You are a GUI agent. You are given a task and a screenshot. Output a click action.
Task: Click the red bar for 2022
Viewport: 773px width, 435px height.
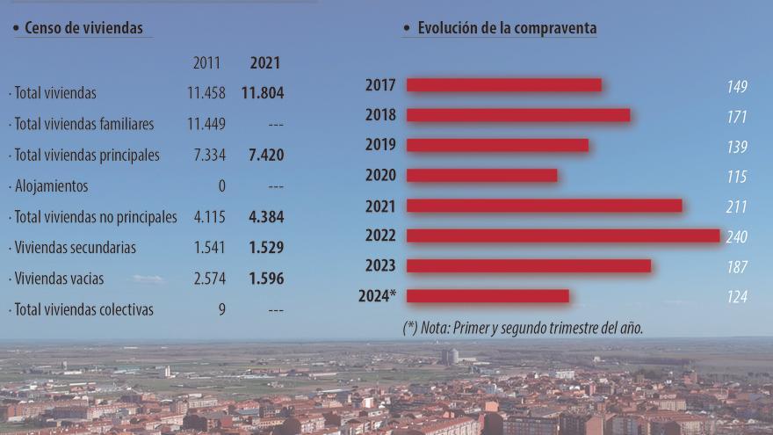click(563, 236)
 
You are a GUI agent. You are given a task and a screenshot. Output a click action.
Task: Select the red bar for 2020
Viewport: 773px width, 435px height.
click(482, 175)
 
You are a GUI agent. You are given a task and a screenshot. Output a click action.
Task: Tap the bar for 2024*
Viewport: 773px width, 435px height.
click(488, 296)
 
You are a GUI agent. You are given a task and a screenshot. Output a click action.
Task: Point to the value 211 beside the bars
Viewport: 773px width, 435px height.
click(736, 207)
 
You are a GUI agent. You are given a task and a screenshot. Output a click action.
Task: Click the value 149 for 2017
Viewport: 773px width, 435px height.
click(736, 86)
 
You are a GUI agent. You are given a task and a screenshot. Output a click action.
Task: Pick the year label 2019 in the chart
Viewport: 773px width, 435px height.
click(380, 145)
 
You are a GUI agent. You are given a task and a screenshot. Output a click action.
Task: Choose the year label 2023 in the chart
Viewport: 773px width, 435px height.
click(380, 266)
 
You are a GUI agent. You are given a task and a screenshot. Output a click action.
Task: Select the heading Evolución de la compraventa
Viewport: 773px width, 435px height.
click(507, 28)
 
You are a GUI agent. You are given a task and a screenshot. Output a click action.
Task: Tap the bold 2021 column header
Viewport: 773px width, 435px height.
click(265, 63)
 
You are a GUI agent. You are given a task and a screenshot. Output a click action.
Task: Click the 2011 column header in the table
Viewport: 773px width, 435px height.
click(207, 63)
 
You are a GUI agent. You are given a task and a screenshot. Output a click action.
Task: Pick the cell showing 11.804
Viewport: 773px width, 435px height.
click(263, 93)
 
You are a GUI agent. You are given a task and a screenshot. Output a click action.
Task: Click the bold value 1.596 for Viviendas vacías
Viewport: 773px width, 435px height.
click(265, 279)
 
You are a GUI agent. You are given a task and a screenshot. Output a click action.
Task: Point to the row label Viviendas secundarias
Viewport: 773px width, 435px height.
click(72, 248)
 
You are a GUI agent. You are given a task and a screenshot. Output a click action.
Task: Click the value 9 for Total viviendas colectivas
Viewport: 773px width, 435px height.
click(221, 309)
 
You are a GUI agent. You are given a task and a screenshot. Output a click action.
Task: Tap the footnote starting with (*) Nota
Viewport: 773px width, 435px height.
click(523, 328)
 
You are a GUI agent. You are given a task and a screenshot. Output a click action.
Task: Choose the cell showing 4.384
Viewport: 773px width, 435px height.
click(265, 217)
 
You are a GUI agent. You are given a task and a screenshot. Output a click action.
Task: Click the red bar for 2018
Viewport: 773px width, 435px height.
click(518, 115)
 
